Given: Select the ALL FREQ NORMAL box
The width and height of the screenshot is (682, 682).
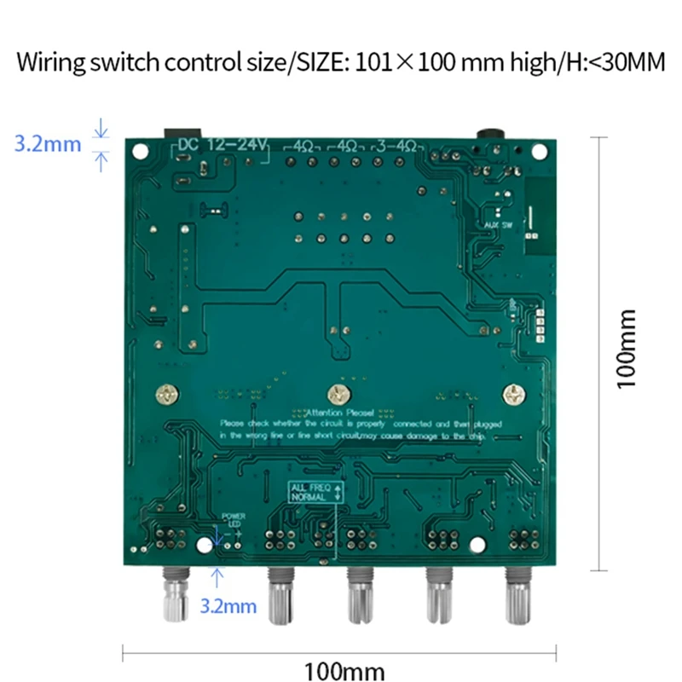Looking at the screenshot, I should pos(315,491).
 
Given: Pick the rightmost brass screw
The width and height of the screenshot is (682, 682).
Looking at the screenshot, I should pos(513,395).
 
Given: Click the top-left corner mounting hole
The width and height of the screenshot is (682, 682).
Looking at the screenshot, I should pos(139,150).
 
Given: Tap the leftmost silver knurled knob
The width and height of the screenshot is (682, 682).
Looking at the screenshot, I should pos(176,601).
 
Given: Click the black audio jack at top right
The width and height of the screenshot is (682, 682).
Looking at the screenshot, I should pos(492,135).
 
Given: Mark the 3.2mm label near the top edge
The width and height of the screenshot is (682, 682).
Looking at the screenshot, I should pos(48,143).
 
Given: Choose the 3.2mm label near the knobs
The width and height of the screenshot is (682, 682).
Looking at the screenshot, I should pos(228,606).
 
